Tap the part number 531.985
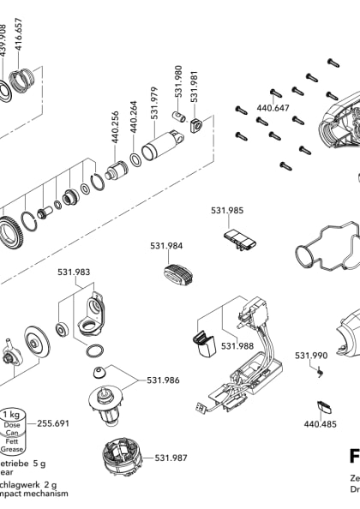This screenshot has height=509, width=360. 227,209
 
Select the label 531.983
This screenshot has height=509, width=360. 74,272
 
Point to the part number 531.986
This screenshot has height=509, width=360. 163,380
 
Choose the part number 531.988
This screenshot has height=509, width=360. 237,345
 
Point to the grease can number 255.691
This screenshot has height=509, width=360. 55,423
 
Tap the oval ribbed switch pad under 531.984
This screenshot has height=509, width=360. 176,275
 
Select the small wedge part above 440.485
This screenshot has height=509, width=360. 324,407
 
